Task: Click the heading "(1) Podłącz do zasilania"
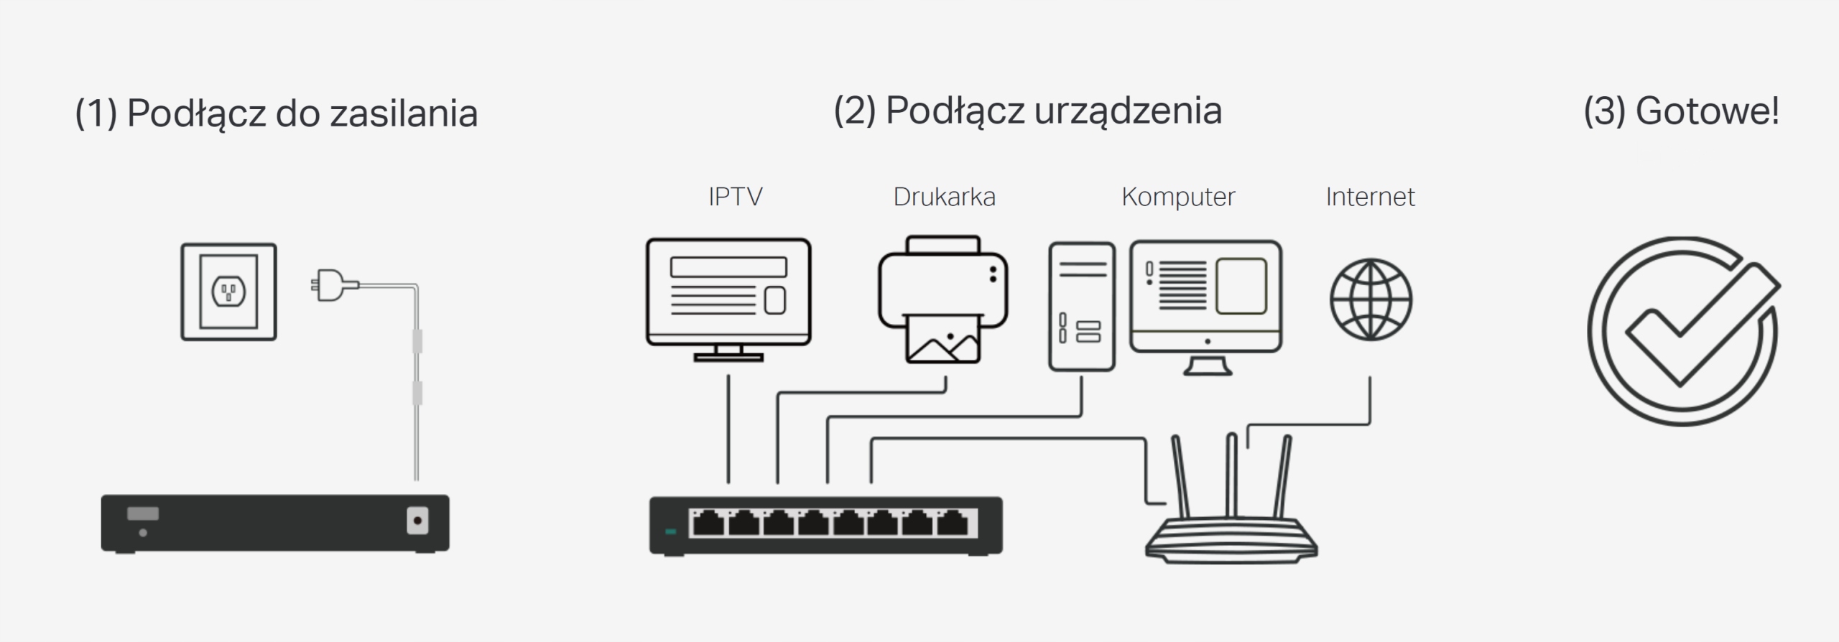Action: pyautogui.click(x=276, y=113)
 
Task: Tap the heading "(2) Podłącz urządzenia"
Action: pyautogui.click(x=1027, y=111)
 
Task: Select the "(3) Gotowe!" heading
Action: pyautogui.click(x=1681, y=111)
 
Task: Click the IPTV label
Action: pyautogui.click(x=735, y=197)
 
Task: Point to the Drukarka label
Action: pyautogui.click(x=944, y=197)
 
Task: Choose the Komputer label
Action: pyautogui.click(x=1178, y=197)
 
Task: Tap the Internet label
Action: pyautogui.click(x=1370, y=197)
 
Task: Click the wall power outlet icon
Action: pyautogui.click(x=228, y=292)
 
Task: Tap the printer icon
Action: pyautogui.click(x=942, y=298)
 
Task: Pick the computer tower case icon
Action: pyautogui.click(x=1081, y=307)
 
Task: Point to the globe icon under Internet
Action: pyautogui.click(x=1371, y=299)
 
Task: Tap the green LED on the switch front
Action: pyautogui.click(x=671, y=532)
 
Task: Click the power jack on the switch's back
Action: pyautogui.click(x=417, y=521)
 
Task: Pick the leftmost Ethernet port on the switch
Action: pyautogui.click(x=708, y=524)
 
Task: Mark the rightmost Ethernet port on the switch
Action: pyautogui.click(x=953, y=524)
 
